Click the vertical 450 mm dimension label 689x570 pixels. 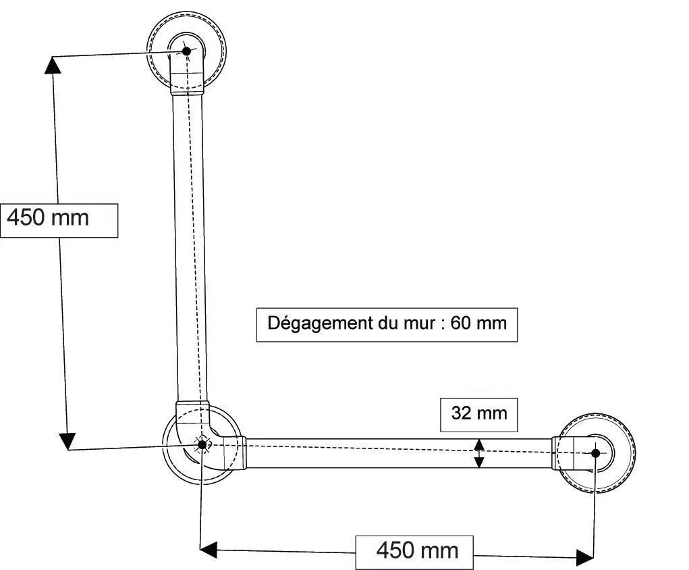point(59,219)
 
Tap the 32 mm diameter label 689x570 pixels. point(478,413)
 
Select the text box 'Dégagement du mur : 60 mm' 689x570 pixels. point(387,323)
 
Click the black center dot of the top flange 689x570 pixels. point(186,51)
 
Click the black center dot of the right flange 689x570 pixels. point(595,452)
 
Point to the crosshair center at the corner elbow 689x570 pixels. point(201,444)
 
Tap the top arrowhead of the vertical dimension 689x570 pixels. point(53,64)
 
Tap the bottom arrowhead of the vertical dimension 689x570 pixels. point(66,442)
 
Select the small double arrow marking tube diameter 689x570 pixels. point(478,452)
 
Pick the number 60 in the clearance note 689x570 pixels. point(460,323)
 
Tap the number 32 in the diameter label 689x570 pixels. point(462,413)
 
